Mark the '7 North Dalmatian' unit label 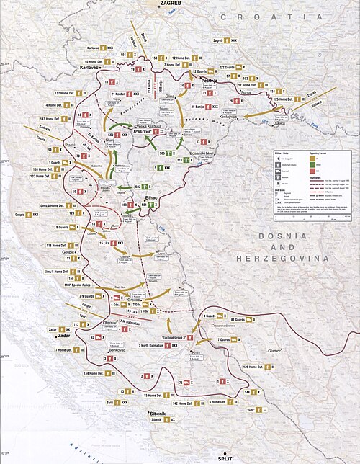pos(144,346)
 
